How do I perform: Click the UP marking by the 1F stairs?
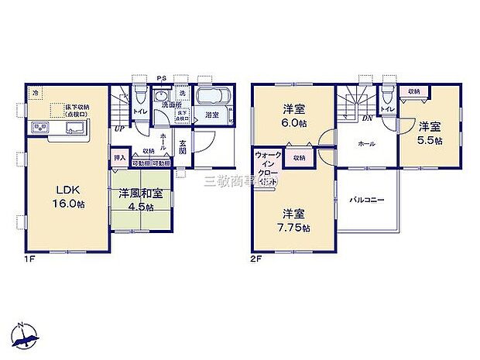pyautogui.click(x=119, y=129)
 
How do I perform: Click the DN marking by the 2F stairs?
pyautogui.click(x=367, y=118)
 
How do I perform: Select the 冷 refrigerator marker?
pyautogui.click(x=35, y=92)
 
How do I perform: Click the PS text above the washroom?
pyautogui.click(x=161, y=77)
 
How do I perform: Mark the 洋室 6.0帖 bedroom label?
pyautogui.click(x=293, y=115)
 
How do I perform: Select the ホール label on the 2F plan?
pyautogui.click(x=366, y=144)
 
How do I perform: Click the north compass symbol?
pyautogui.click(x=27, y=332)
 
